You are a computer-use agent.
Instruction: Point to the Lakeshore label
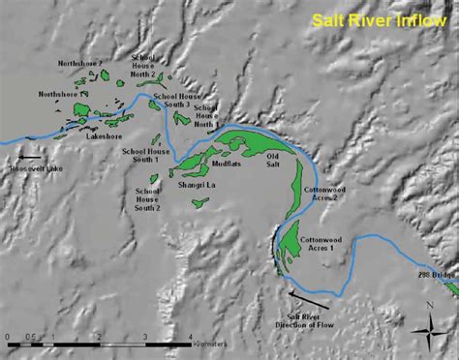105,137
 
